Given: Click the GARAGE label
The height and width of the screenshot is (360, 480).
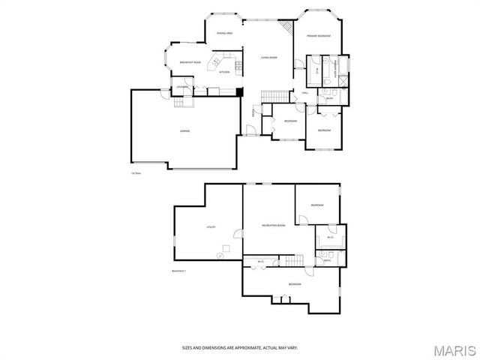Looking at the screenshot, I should pyautogui.click(x=184, y=131).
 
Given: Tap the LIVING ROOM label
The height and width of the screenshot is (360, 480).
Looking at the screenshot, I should pyautogui.click(x=269, y=57).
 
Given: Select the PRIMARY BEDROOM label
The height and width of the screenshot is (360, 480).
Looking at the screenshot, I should pyautogui.click(x=319, y=36).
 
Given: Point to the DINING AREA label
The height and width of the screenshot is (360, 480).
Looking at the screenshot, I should pyautogui.click(x=224, y=34).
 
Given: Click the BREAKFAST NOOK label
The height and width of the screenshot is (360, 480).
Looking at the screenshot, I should pyautogui.click(x=190, y=62).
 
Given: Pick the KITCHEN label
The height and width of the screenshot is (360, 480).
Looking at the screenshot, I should pyautogui.click(x=224, y=72).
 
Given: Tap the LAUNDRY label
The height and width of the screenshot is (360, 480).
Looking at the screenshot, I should pyautogui.click(x=181, y=88).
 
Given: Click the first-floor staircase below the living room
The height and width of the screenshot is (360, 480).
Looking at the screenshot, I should pyautogui.click(x=274, y=95).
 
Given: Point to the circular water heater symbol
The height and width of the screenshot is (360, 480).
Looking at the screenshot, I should pyautogui.click(x=220, y=254).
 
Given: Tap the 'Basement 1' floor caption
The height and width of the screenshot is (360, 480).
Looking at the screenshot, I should pyautogui.click(x=178, y=271).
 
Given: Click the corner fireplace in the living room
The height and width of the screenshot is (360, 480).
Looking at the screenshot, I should pyautogui.click(x=286, y=25).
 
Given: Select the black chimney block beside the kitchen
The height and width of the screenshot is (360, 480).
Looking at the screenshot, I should pyautogui.click(x=239, y=92).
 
